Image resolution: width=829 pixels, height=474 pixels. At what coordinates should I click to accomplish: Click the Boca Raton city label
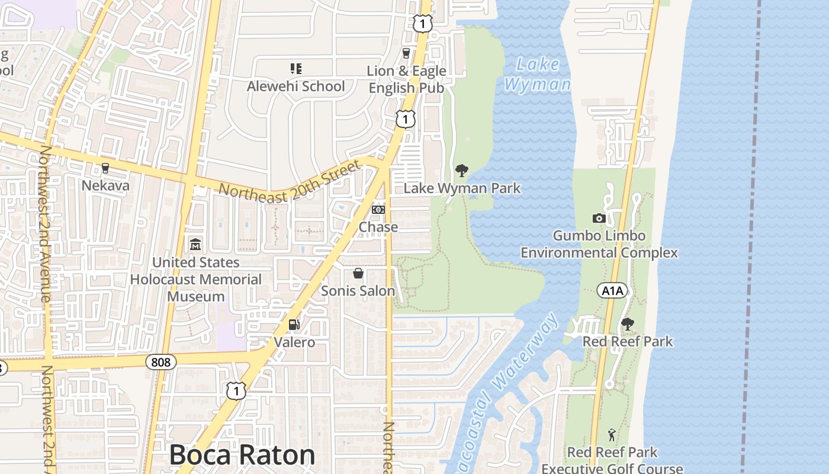(242, 455)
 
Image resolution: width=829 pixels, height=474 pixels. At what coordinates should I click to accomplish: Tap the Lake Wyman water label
(537, 74)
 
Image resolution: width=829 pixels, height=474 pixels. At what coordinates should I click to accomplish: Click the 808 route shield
(161, 361)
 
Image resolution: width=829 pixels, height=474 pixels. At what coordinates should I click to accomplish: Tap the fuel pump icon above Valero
(294, 325)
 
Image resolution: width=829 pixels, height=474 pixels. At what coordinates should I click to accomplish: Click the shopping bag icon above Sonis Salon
(358, 273)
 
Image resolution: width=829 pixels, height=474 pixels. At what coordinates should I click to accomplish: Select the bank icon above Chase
(378, 210)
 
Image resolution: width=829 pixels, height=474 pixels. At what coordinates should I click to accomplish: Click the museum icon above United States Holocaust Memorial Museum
(195, 244)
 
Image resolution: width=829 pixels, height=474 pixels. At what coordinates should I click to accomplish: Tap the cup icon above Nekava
(105, 168)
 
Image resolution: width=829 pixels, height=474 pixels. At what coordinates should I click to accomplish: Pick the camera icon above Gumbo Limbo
(599, 218)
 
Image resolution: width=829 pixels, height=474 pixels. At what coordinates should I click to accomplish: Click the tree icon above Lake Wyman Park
(462, 171)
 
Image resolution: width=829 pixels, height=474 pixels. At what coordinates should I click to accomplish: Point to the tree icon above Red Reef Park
(628, 324)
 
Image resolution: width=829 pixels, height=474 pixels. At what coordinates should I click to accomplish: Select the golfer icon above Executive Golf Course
(612, 435)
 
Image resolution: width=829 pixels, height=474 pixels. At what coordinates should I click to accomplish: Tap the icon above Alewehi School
(295, 69)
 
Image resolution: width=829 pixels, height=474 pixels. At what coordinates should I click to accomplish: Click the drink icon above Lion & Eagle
(406, 53)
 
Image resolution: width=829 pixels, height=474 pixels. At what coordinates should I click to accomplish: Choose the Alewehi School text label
(295, 87)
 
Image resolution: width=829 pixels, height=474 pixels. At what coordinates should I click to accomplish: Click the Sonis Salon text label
(358, 291)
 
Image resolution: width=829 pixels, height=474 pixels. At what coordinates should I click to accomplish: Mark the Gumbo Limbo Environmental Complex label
(599, 244)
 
